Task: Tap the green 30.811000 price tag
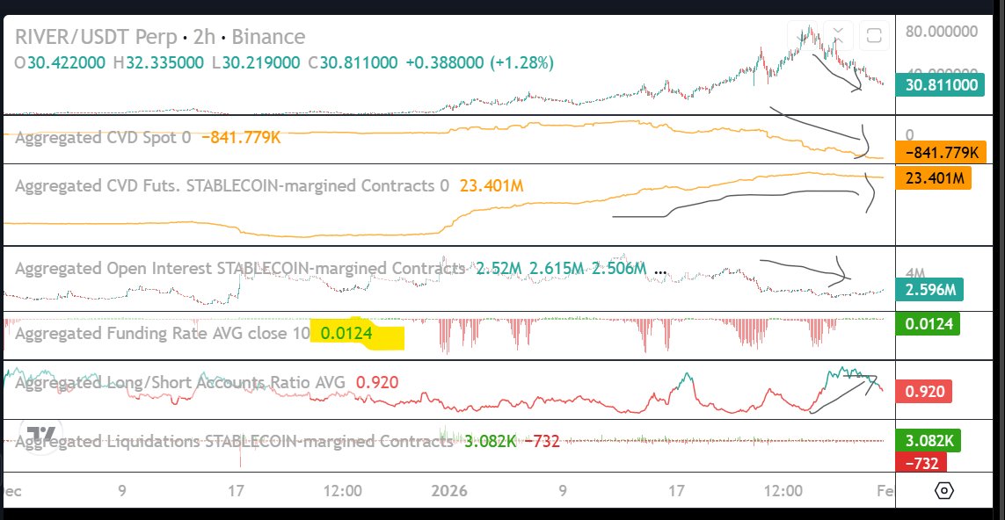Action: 937,85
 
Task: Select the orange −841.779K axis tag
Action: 937,153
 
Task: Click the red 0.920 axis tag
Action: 923,391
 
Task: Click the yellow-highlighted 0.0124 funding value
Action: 347,334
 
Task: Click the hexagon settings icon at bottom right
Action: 943,490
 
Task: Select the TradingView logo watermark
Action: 41,434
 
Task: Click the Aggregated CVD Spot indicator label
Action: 103,137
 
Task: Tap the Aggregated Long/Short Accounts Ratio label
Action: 182,382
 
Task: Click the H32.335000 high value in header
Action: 173,63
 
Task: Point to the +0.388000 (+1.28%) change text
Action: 478,63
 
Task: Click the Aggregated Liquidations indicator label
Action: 234,441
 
